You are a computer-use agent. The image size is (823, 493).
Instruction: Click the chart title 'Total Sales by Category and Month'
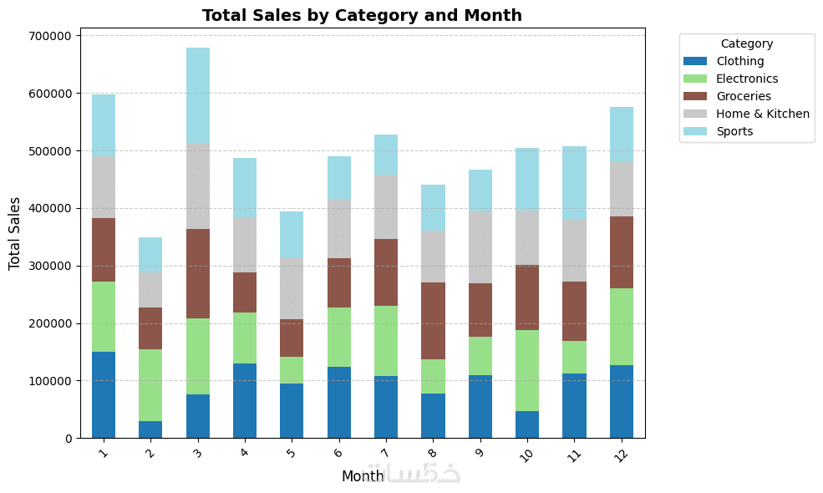coord(362,15)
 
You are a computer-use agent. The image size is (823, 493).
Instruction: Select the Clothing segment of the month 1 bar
coord(104,394)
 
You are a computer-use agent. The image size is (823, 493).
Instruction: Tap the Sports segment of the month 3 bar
coord(198,95)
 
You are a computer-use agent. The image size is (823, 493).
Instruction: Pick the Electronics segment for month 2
coord(150,385)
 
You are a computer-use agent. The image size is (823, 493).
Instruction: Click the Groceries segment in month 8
coord(433,321)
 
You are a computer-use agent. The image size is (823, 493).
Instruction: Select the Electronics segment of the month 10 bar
coord(527,370)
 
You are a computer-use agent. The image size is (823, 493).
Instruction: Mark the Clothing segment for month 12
coord(622,401)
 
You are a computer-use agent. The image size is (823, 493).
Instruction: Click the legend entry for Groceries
coord(743,96)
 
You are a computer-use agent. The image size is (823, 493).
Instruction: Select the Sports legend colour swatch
coord(695,131)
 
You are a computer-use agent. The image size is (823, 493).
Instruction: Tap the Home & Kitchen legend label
coord(762,114)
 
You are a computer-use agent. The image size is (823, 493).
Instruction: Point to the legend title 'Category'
coord(746,43)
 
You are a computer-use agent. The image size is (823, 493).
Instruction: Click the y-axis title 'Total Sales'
coord(14,233)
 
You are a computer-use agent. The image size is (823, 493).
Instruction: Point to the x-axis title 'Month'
coord(363,476)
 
